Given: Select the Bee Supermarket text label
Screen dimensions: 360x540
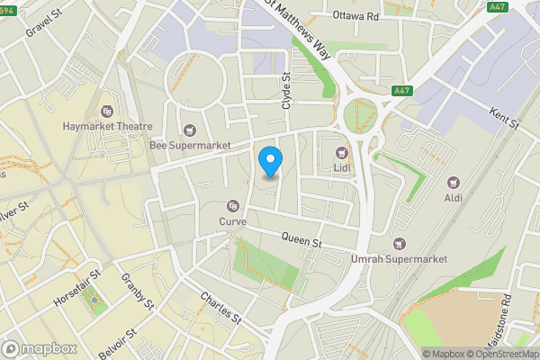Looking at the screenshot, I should [x=190, y=145].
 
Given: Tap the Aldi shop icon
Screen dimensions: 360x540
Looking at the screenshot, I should [x=451, y=180].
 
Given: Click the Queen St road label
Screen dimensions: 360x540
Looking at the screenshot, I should [x=301, y=241].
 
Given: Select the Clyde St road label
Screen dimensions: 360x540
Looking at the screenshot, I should [x=287, y=92].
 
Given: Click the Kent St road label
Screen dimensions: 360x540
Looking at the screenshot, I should [x=504, y=118].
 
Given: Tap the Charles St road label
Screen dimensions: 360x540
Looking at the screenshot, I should [x=221, y=308].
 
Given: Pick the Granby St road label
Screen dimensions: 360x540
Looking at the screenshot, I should [x=138, y=292].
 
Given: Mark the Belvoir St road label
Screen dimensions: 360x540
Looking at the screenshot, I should [x=117, y=342].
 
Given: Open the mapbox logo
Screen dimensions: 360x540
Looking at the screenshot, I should [x=38, y=348].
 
